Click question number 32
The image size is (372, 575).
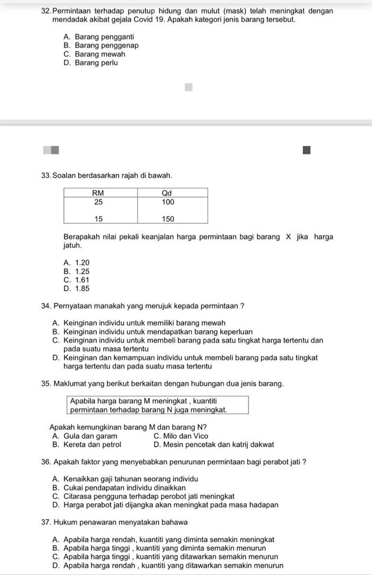click(x=46, y=11)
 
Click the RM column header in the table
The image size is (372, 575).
click(x=98, y=193)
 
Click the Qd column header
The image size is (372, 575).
click(x=168, y=193)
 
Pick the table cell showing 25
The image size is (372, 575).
click(x=98, y=202)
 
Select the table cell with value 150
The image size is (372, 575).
click(x=168, y=219)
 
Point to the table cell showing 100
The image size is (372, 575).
click(x=168, y=202)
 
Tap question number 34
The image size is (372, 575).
click(x=46, y=306)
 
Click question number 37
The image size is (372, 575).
click(x=46, y=522)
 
